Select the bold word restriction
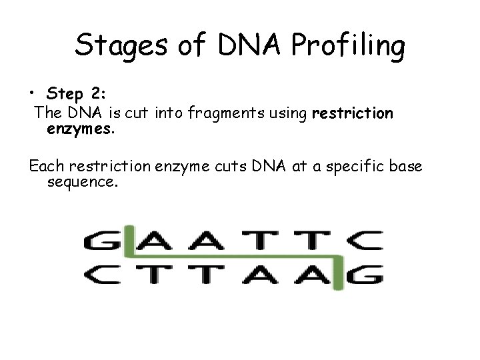[x=353, y=114]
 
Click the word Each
[x=45, y=165]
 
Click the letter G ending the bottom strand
[x=367, y=274]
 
